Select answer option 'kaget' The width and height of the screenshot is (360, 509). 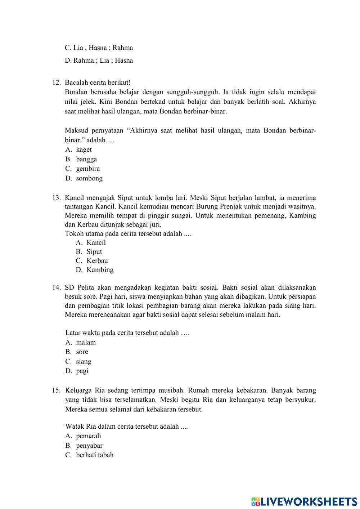[x=84, y=149]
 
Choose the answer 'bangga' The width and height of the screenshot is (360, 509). [x=86, y=159]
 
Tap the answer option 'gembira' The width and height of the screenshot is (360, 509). [x=87, y=169]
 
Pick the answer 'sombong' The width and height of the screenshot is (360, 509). [x=89, y=178]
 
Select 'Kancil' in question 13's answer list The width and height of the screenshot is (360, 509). [x=96, y=242]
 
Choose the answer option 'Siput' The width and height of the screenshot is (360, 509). [x=94, y=251]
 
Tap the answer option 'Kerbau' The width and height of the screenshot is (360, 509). [x=97, y=260]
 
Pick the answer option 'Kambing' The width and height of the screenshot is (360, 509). [x=100, y=269]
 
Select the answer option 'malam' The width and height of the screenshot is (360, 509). [x=86, y=342]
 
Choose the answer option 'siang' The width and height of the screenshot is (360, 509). [x=84, y=361]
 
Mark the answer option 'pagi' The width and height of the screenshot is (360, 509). [x=82, y=371]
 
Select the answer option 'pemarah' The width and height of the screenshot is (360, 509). [x=88, y=436]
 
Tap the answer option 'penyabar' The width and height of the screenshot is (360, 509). [x=89, y=445]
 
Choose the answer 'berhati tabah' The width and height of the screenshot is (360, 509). [x=94, y=455]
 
